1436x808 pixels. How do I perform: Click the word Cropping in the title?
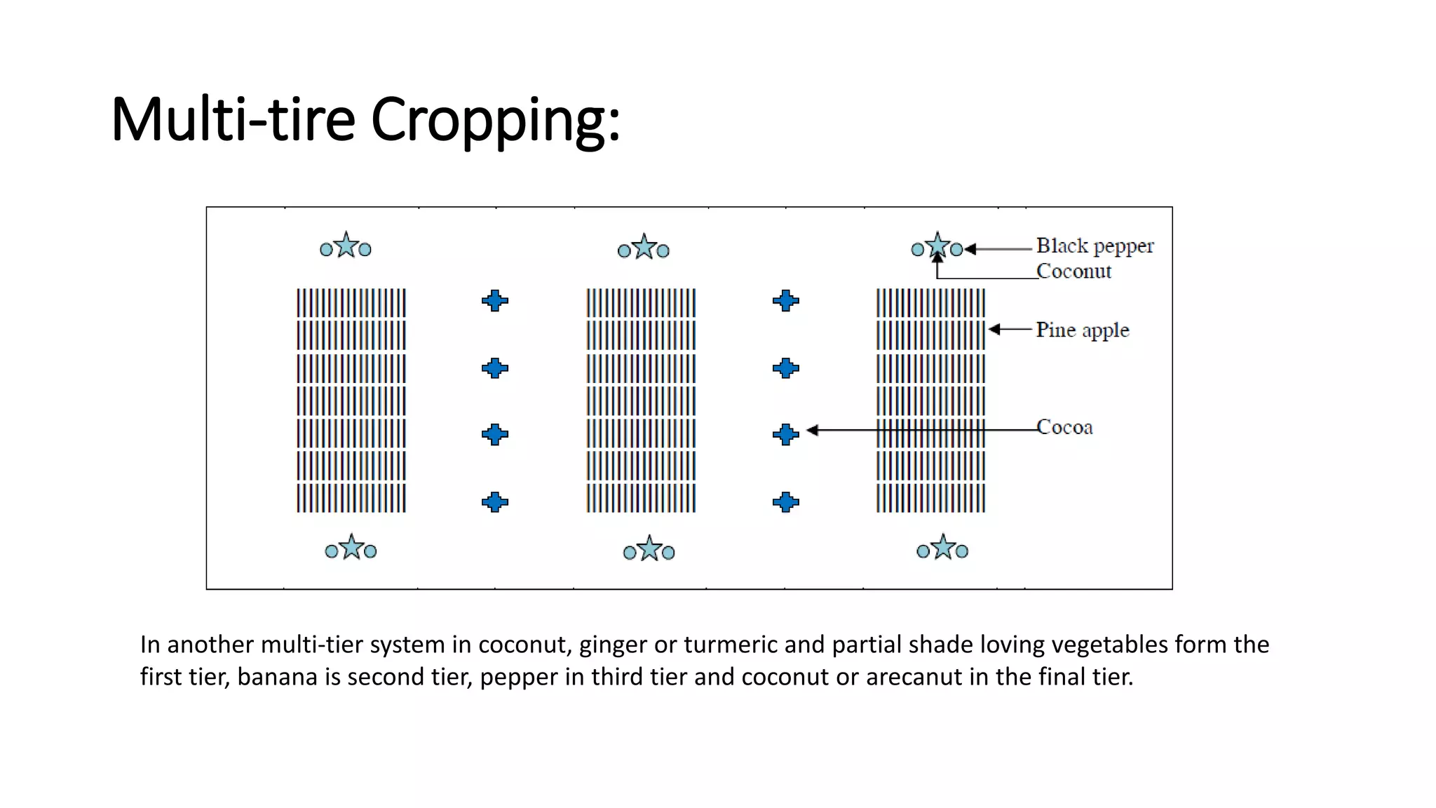(x=494, y=120)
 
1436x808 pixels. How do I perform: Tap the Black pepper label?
(x=1094, y=246)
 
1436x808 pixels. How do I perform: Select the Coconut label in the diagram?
(x=1073, y=271)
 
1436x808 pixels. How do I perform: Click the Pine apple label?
(x=1082, y=330)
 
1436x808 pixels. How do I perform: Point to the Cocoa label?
(x=1064, y=427)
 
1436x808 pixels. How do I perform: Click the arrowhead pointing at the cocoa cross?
(x=813, y=430)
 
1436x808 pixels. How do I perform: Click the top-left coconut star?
(x=346, y=246)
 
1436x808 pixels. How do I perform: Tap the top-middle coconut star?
(x=644, y=248)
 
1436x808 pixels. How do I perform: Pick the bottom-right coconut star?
(x=943, y=548)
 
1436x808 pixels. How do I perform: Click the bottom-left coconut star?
(x=351, y=548)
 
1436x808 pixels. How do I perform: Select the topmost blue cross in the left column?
(x=495, y=301)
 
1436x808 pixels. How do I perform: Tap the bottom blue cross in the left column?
(x=495, y=502)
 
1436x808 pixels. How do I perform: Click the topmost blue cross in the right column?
(x=785, y=301)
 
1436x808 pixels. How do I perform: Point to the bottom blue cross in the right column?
(x=785, y=502)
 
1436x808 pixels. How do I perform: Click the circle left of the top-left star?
(x=326, y=250)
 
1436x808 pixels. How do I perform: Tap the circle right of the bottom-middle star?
(x=668, y=553)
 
